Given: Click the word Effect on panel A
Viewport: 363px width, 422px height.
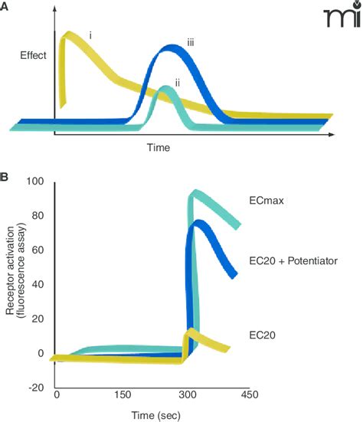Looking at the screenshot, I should click(34, 55).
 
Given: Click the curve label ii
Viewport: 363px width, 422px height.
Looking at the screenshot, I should click(178, 82).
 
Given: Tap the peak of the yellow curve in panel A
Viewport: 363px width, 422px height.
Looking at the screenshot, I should click(70, 36).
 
